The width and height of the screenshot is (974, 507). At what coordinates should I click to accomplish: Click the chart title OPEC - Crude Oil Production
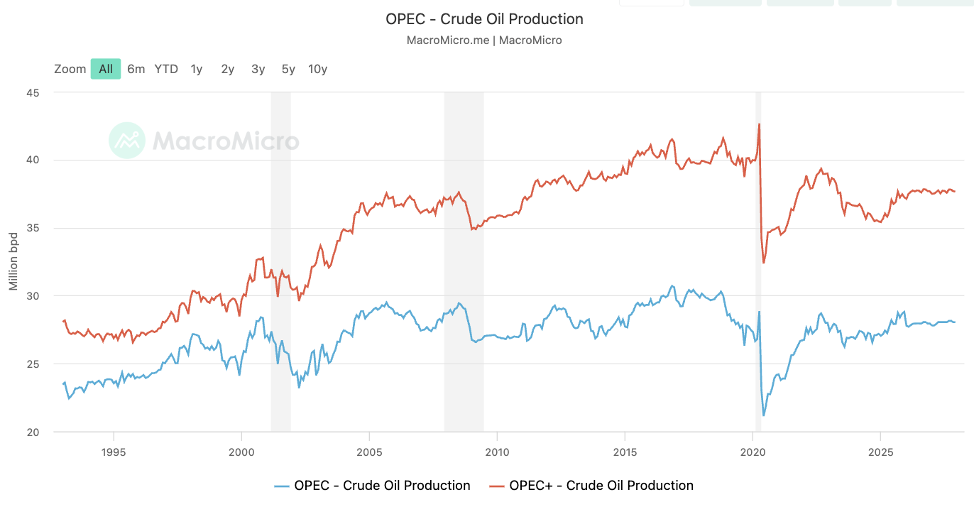point(484,19)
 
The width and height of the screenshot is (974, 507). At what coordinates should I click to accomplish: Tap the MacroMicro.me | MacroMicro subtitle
point(484,40)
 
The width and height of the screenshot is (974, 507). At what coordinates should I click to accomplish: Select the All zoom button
point(106,69)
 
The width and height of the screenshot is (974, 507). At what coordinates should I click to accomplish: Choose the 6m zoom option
point(136,69)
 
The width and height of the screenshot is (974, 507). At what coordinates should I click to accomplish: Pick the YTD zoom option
point(166,69)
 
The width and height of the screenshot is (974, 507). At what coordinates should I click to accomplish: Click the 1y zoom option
point(197,69)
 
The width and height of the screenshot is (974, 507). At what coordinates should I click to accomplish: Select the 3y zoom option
point(258,69)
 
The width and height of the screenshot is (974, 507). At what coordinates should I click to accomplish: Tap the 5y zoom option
point(288,69)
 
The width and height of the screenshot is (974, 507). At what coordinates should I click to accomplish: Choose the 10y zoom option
point(317,69)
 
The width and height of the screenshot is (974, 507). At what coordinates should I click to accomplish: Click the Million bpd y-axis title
point(13,262)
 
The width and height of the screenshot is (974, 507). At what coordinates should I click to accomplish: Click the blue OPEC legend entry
point(373,486)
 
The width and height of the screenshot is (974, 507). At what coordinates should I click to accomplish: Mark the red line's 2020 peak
point(759,124)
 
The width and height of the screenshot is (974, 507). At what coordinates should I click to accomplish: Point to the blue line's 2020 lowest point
point(764,415)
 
